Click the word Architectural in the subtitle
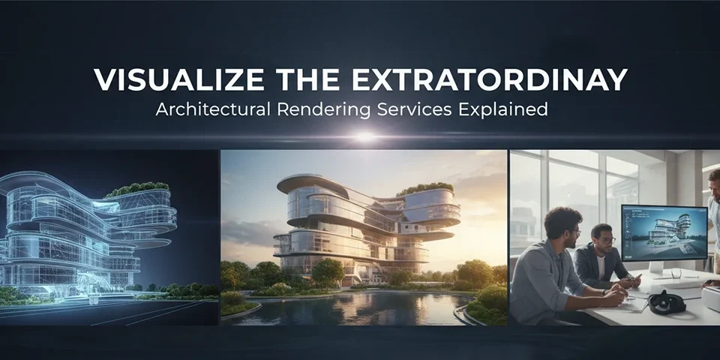[203, 109]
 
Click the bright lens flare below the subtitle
[364, 136]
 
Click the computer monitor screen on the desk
[664, 232]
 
